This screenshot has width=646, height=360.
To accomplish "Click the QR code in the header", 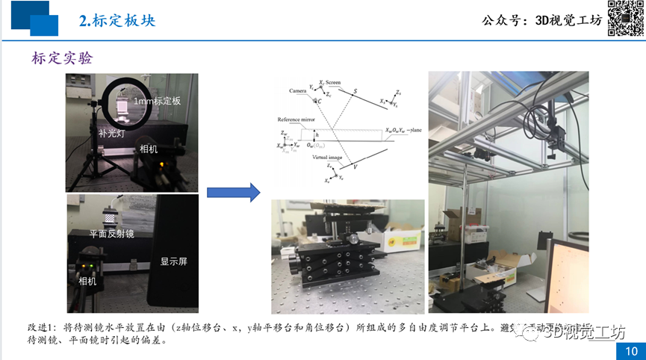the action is pos(626,18).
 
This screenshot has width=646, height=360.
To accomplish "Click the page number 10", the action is pos(630,351).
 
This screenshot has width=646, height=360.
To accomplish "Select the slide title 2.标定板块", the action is pos(117,20).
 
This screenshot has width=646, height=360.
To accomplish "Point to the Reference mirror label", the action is pos(297,120).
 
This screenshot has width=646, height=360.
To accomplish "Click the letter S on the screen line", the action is pos(355,91).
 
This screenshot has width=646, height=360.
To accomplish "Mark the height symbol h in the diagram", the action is pos(317,134).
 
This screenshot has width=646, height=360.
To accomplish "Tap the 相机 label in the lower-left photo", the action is pos(88,282).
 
